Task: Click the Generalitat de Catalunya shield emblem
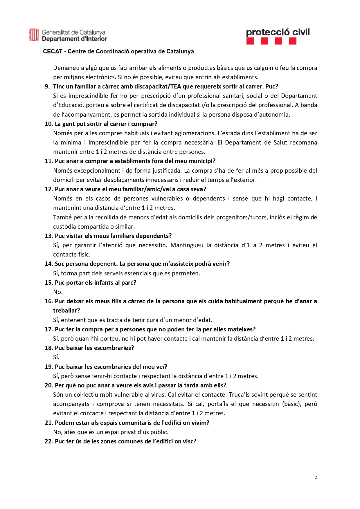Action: point(34,35)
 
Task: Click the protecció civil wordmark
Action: point(278,32)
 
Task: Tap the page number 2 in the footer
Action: point(316,477)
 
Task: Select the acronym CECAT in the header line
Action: point(53,52)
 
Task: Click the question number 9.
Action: point(47,86)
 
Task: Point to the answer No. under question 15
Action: point(58,292)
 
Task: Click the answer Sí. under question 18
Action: point(56,357)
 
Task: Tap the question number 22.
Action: point(48,441)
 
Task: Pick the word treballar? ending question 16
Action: point(66,311)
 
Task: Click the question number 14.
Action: point(48,264)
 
